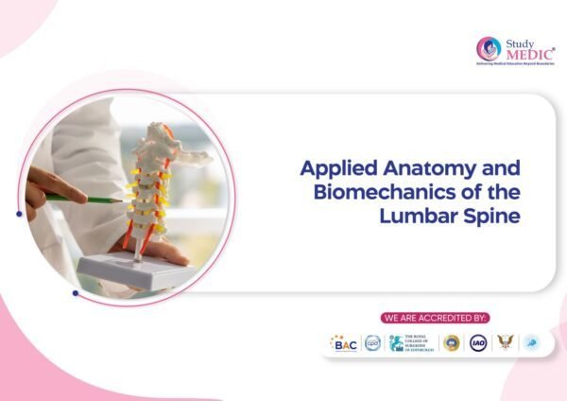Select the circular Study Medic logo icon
[489, 49]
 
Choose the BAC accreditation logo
[343, 343]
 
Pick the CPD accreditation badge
[372, 343]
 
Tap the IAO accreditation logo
[478, 343]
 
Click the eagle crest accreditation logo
[506, 343]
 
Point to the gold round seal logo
[451, 343]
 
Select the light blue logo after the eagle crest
[531, 343]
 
